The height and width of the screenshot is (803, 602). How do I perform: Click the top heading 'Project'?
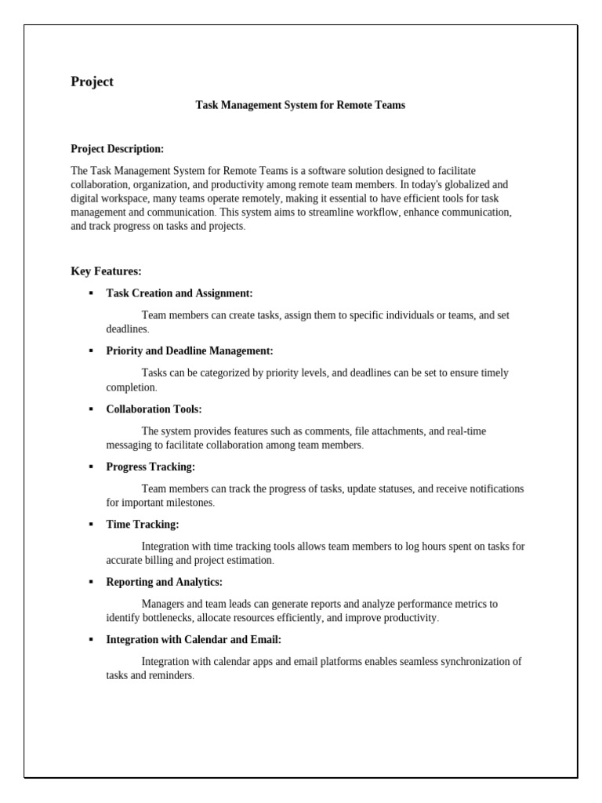pyautogui.click(x=92, y=82)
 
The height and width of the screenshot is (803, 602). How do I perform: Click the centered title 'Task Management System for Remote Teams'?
pyautogui.click(x=300, y=105)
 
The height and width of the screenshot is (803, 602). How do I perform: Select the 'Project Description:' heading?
pyautogui.click(x=118, y=149)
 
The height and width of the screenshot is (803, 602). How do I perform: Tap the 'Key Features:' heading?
pyautogui.click(x=106, y=271)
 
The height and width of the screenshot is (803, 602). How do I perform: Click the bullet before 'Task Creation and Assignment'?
pyautogui.click(x=91, y=293)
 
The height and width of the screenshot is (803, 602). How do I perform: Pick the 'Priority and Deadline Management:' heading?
pyautogui.click(x=190, y=351)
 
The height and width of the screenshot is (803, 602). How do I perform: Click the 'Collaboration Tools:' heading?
pyautogui.click(x=154, y=409)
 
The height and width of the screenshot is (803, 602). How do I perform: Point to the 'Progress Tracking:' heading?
pyautogui.click(x=150, y=467)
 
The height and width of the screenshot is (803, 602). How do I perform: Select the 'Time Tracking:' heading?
pyautogui.click(x=143, y=525)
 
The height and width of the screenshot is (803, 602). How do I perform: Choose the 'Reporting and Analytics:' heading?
pyautogui.click(x=165, y=582)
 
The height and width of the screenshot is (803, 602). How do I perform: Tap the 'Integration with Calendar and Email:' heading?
pyautogui.click(x=194, y=640)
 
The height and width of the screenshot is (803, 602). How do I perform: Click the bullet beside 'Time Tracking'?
pyautogui.click(x=91, y=525)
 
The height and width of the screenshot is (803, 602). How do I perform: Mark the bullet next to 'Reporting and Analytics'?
pyautogui.click(x=91, y=582)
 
